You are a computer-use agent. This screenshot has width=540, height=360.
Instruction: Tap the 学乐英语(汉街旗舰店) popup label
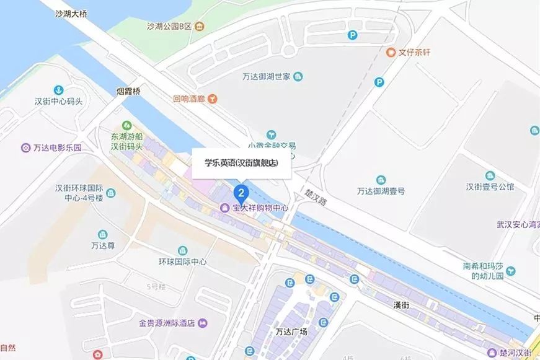[241, 164]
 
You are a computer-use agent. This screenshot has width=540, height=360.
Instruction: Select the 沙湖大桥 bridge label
[69, 13]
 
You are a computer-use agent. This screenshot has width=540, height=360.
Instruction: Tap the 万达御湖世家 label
[267, 77]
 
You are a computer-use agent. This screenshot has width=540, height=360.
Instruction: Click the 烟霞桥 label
[128, 92]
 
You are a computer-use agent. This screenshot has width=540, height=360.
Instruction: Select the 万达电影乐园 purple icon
[25, 148]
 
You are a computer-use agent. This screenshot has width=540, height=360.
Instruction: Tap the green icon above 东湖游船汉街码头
[127, 125]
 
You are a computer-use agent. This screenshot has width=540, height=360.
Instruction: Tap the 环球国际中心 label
[182, 261]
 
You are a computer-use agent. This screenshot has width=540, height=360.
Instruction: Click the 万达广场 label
[291, 331]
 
